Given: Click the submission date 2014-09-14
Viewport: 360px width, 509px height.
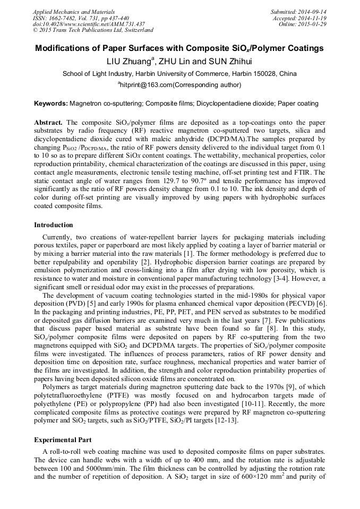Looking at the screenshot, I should pyautogui.click(x=312, y=11).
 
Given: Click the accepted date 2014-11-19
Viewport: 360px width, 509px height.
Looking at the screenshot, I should pyautogui.click(x=312, y=18).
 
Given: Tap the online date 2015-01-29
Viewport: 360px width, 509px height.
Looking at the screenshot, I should pyautogui.click(x=312, y=24).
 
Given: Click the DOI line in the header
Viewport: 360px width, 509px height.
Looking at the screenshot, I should pyautogui.click(x=89, y=24).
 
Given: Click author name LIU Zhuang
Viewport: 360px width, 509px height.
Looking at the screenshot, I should pyautogui.click(x=130, y=61).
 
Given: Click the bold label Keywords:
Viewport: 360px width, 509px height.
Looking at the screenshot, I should pyautogui.click(x=51, y=103).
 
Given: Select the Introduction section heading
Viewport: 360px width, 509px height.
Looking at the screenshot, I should pyautogui.click(x=54, y=225).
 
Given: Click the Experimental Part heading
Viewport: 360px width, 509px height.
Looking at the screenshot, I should pyautogui.click(x=63, y=440).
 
